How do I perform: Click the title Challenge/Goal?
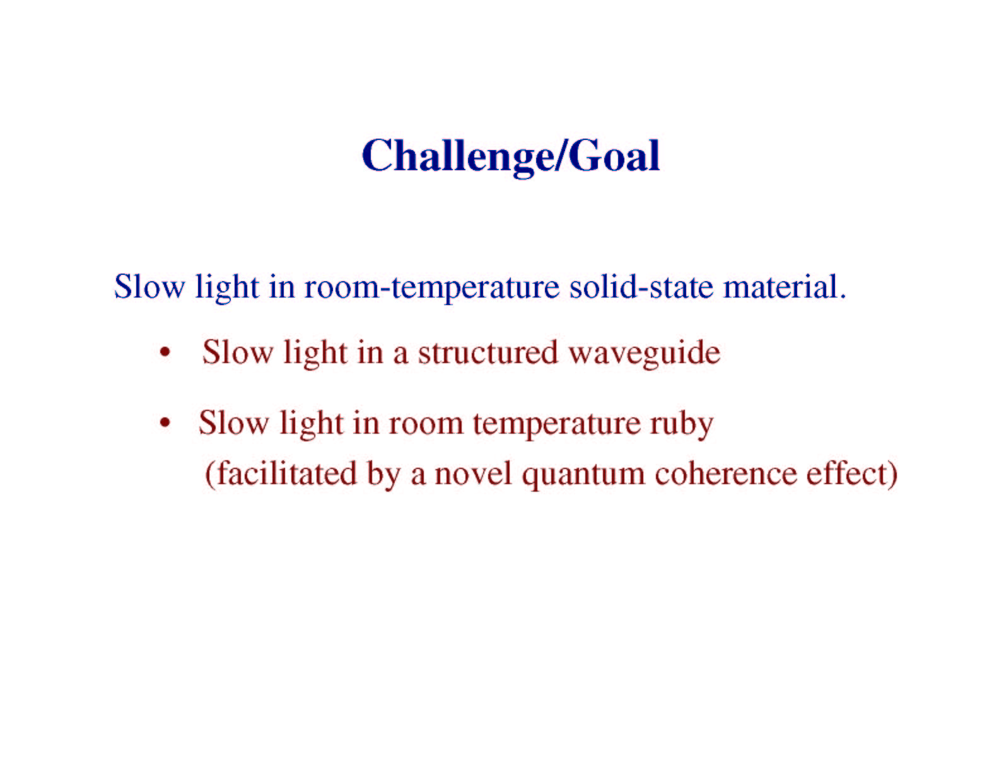511,156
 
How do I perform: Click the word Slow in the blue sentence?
149,287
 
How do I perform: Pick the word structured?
488,352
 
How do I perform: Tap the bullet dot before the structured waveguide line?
165,353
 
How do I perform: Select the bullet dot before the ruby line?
165,423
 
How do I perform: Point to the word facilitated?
287,473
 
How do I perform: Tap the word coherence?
725,473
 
